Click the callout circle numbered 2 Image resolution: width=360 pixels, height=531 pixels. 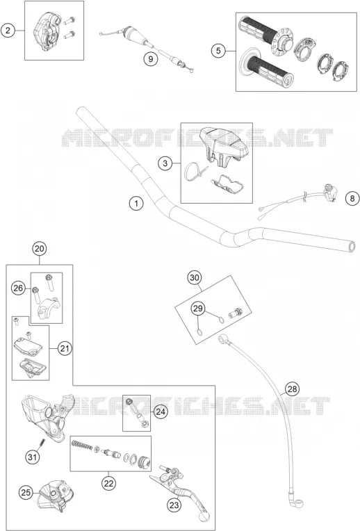coord(8,31)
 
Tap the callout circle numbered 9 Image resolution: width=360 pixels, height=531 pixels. coord(150,59)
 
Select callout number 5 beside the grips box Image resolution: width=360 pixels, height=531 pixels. coord(218,51)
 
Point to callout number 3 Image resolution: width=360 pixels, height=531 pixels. coord(165,163)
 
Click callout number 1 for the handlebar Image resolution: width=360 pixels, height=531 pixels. coord(136,204)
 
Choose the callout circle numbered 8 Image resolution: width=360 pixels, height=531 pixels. coord(352,198)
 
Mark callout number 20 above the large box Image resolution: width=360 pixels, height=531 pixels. coord(40,249)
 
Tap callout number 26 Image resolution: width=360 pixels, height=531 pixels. coord(18,288)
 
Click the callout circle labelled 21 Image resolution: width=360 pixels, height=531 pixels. coord(65,348)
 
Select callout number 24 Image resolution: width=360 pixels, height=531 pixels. coord(161,411)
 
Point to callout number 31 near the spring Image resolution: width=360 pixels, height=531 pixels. coord(32,457)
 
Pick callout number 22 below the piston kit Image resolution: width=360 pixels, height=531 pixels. coord(108,483)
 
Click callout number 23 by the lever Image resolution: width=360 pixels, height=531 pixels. coord(174,505)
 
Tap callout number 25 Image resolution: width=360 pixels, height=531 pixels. coord(26,492)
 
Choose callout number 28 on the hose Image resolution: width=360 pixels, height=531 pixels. coord(292,389)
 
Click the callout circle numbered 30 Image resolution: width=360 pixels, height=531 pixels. coord(195,278)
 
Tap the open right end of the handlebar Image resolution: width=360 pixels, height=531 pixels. coord(352,246)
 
